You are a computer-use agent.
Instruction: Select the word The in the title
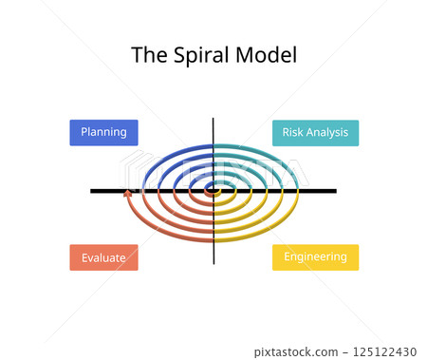click(x=147, y=55)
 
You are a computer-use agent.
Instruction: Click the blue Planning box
click(x=103, y=133)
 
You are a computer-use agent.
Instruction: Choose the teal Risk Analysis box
click(x=315, y=133)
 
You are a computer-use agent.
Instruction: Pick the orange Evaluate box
click(x=103, y=257)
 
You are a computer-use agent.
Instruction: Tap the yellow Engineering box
click(x=315, y=257)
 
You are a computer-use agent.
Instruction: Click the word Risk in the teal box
click(x=292, y=133)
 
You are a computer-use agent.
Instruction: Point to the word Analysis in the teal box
click(x=327, y=133)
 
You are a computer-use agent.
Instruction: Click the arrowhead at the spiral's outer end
click(x=128, y=194)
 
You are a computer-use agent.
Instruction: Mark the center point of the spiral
click(x=213, y=191)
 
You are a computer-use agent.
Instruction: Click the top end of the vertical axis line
click(x=213, y=119)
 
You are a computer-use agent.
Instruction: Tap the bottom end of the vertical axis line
click(x=213, y=263)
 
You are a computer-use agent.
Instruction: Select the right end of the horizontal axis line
click(x=335, y=191)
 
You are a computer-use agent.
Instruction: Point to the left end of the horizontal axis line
click(x=92, y=191)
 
